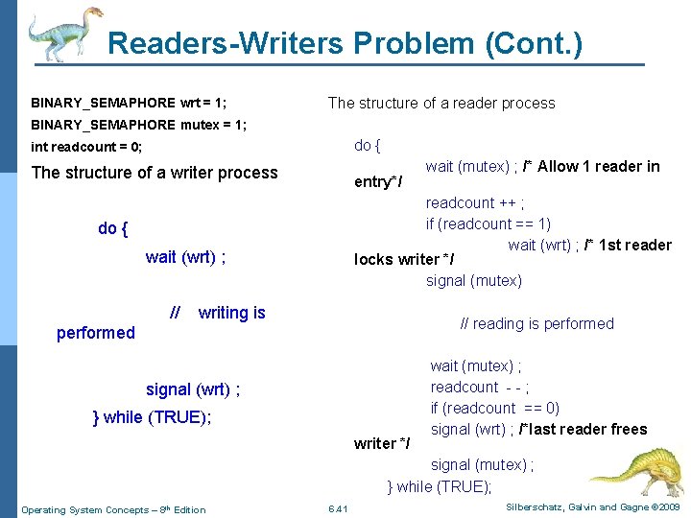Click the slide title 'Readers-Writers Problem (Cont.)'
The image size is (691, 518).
coord(345,43)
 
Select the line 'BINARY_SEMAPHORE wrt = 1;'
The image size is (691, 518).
coord(129,103)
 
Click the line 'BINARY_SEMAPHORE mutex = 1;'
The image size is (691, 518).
coord(139,125)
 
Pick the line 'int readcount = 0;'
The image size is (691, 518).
coord(86,147)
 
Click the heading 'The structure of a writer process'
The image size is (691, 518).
coord(155,173)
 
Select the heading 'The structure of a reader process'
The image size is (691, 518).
coord(441,103)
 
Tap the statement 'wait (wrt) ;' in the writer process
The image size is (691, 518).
coord(186,256)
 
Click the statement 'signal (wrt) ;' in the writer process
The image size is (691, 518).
coord(193,389)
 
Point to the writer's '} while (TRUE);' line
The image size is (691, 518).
coord(152,416)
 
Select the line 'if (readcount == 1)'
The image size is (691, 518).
coord(488,224)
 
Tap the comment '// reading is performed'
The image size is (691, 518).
coord(537,323)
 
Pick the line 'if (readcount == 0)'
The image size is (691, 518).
coord(495,408)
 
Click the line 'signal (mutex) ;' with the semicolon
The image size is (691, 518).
coord(483,464)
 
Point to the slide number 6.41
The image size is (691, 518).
coord(338,508)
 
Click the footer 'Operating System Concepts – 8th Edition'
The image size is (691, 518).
coord(113,509)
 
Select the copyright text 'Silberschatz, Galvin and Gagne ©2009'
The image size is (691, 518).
coord(590,506)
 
